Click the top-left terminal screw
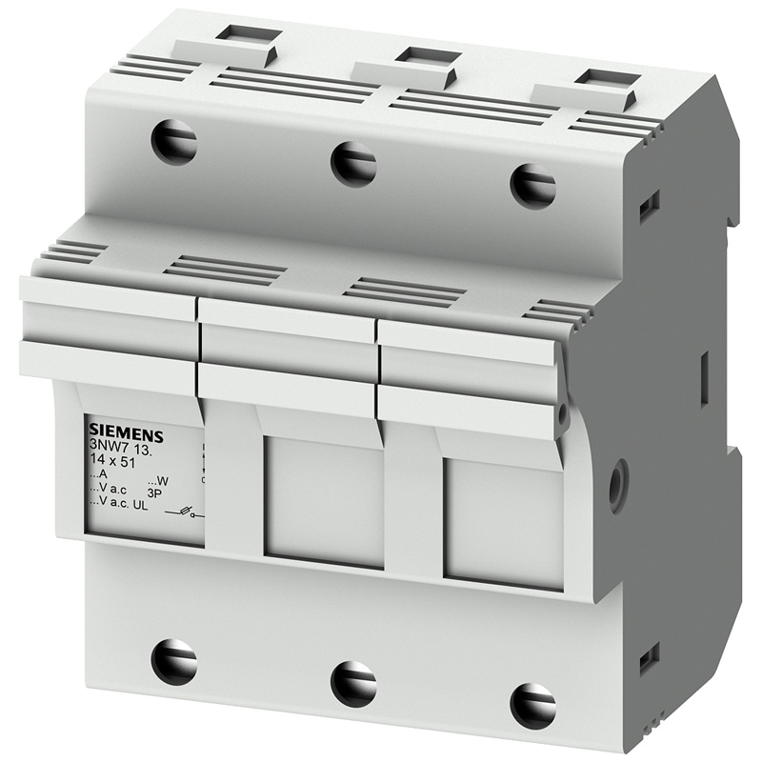[173, 142]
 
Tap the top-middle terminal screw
[353, 163]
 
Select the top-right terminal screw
[532, 184]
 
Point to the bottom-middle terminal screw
[353, 683]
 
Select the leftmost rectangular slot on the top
[244, 34]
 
